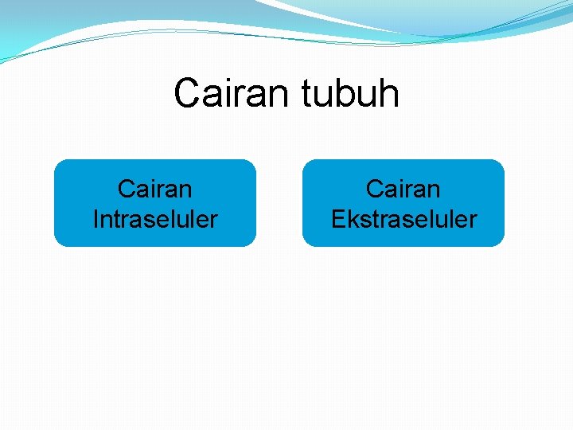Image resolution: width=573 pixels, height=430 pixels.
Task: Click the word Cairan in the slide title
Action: tap(233, 93)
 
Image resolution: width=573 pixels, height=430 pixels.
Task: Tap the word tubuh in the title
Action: tap(350, 93)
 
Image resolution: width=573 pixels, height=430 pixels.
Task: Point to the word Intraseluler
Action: tap(155, 219)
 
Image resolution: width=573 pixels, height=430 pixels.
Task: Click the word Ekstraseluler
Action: tap(403, 219)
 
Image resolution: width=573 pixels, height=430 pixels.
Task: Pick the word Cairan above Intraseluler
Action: tap(155, 189)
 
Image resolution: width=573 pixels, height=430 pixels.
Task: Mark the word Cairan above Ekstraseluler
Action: tap(403, 189)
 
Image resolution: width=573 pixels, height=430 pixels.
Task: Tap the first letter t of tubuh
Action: tap(306, 94)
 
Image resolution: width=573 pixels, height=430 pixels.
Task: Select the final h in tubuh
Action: tap(388, 93)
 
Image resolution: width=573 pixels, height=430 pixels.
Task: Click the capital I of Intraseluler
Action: tap(96, 219)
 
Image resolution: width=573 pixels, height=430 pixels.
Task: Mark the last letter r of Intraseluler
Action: tap(213, 221)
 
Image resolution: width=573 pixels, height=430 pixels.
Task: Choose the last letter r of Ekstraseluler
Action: tap(473, 221)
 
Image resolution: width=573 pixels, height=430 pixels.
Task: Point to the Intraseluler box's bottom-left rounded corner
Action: tap(58, 242)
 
